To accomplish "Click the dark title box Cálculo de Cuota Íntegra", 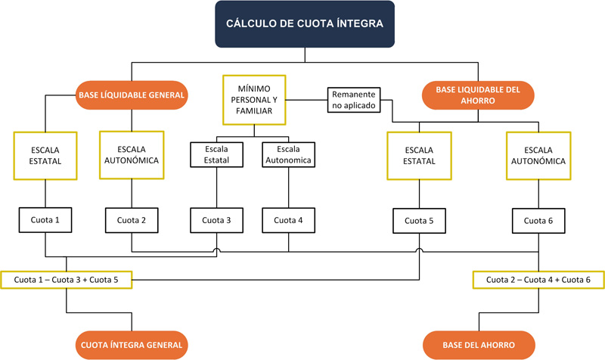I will click(x=304, y=24).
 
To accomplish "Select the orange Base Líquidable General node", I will click(x=132, y=95).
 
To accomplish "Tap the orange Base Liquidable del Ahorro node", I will click(x=477, y=95).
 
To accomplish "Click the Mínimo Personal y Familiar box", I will click(x=253, y=100).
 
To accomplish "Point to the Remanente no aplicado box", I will click(x=354, y=100).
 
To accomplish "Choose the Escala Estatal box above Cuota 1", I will click(x=45, y=155).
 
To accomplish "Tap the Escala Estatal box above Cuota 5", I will click(x=418, y=155).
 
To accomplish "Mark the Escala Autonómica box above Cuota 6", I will click(x=538, y=155).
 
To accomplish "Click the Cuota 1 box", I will click(x=45, y=221).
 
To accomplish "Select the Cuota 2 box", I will click(x=132, y=221).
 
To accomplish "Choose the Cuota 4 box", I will click(x=288, y=221).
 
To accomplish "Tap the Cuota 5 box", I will click(x=418, y=221).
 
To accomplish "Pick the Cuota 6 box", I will click(x=538, y=221).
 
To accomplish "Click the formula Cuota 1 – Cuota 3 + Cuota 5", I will click(x=67, y=279).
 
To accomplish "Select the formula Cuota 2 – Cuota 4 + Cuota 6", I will click(x=538, y=279).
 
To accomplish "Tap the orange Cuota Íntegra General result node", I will click(x=132, y=345).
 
